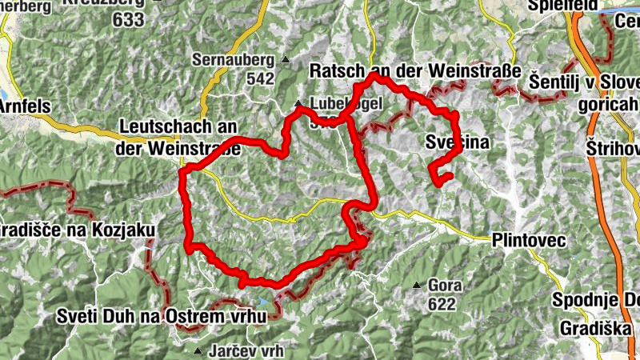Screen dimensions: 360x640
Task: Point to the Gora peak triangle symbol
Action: click(417, 286)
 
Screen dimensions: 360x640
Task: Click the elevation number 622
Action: click(442, 304)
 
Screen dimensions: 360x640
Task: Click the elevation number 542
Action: click(261, 79)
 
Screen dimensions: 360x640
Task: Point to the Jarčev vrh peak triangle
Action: click(198, 351)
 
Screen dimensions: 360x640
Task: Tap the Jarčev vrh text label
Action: click(240, 351)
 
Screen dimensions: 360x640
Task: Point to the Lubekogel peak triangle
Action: click(298, 103)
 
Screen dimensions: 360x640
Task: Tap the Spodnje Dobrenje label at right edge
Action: click(596, 300)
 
